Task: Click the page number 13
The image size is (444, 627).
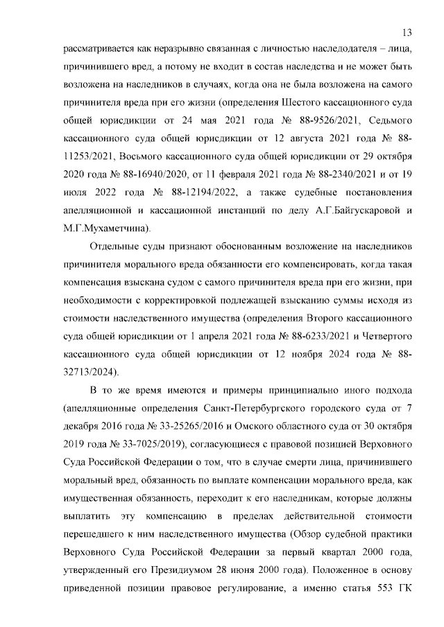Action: click(407, 33)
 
